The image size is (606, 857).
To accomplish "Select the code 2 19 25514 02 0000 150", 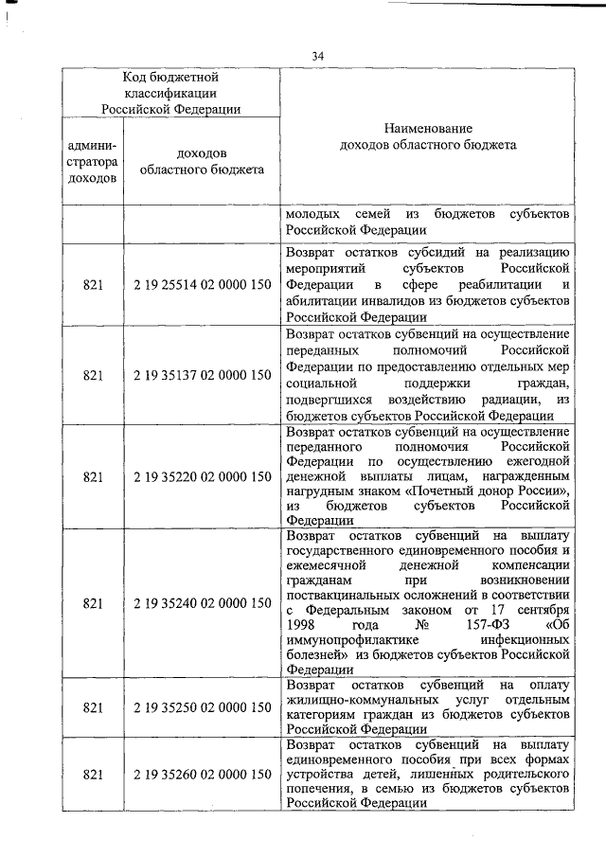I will pos(203,284).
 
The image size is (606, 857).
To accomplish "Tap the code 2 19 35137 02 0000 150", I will pos(203,375).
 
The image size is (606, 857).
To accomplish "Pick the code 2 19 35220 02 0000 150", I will pos(203,476).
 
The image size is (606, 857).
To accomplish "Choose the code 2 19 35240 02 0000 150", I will pos(203,602).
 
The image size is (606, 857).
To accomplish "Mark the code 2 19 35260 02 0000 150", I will pos(203,775).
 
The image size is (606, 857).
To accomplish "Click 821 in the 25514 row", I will pos(93,284).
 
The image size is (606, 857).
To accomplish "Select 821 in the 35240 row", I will pos(93,602).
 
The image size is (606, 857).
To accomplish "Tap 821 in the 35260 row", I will pos(93,775).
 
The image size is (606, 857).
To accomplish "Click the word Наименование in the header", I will pos(428,128).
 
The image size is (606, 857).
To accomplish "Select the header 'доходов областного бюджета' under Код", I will pos(202,162).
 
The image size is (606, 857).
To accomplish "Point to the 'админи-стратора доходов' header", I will pos(93,162).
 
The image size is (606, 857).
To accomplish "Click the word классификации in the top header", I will pos(171,93).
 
